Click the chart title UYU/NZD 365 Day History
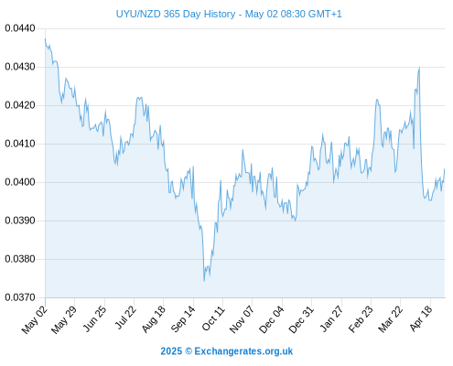[x=176, y=14]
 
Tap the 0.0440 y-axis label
[x=20, y=28]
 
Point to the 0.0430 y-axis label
[x=20, y=67]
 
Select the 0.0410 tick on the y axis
[x=20, y=144]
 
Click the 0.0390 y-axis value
[x=20, y=221]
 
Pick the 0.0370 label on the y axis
[x=20, y=297]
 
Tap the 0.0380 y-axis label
[x=20, y=259]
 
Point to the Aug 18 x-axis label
[x=154, y=319]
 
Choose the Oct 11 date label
[x=213, y=318]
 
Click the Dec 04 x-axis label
[x=272, y=319]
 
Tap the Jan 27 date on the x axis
[x=331, y=318]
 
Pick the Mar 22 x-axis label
[x=390, y=319]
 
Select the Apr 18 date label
[x=421, y=318]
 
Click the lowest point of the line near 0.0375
[x=204, y=281]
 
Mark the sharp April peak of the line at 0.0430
[x=419, y=68]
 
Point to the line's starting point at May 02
[x=45, y=38]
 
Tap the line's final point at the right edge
[x=445, y=169]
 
